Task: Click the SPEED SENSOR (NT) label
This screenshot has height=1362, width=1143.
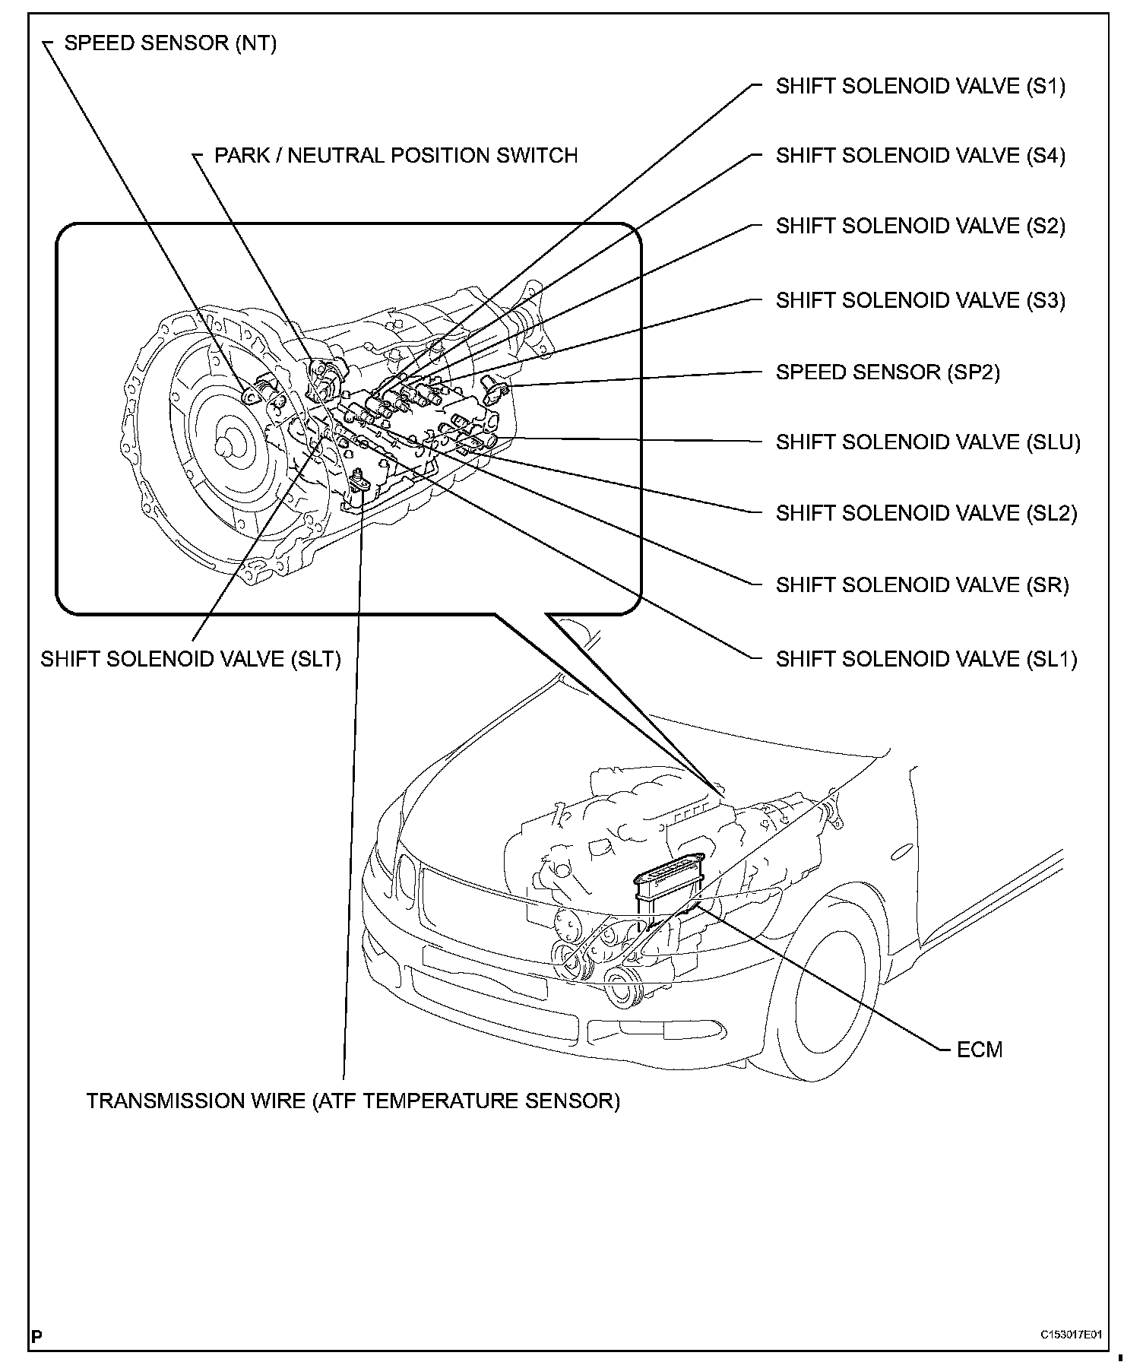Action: [170, 43]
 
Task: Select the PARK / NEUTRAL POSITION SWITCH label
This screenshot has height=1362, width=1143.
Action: [395, 156]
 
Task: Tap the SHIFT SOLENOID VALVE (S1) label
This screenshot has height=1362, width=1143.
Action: [920, 87]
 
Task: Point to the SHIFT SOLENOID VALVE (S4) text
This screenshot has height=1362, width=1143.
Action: [920, 156]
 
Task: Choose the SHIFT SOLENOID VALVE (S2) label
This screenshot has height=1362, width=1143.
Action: [920, 226]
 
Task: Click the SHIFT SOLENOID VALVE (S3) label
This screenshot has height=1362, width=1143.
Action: [920, 301]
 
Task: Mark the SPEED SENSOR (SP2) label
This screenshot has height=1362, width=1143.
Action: [888, 372]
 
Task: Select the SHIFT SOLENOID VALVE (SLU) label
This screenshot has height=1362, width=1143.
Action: [928, 442]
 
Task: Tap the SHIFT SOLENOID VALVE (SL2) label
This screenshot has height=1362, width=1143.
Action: [926, 514]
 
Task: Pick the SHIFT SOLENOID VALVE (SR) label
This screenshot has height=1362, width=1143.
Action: [922, 585]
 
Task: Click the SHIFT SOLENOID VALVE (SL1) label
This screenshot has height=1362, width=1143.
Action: [926, 659]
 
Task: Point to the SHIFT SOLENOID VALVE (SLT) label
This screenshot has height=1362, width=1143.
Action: [191, 659]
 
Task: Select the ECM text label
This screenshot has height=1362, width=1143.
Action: [980, 1050]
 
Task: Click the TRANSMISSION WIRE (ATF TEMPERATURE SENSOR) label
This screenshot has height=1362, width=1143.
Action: [353, 1101]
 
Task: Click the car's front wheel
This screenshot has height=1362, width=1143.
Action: [825, 988]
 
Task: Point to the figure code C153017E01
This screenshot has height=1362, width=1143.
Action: [1072, 1334]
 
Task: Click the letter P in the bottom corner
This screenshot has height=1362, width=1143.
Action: [36, 1335]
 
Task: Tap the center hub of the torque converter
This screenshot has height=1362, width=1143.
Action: [226, 445]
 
